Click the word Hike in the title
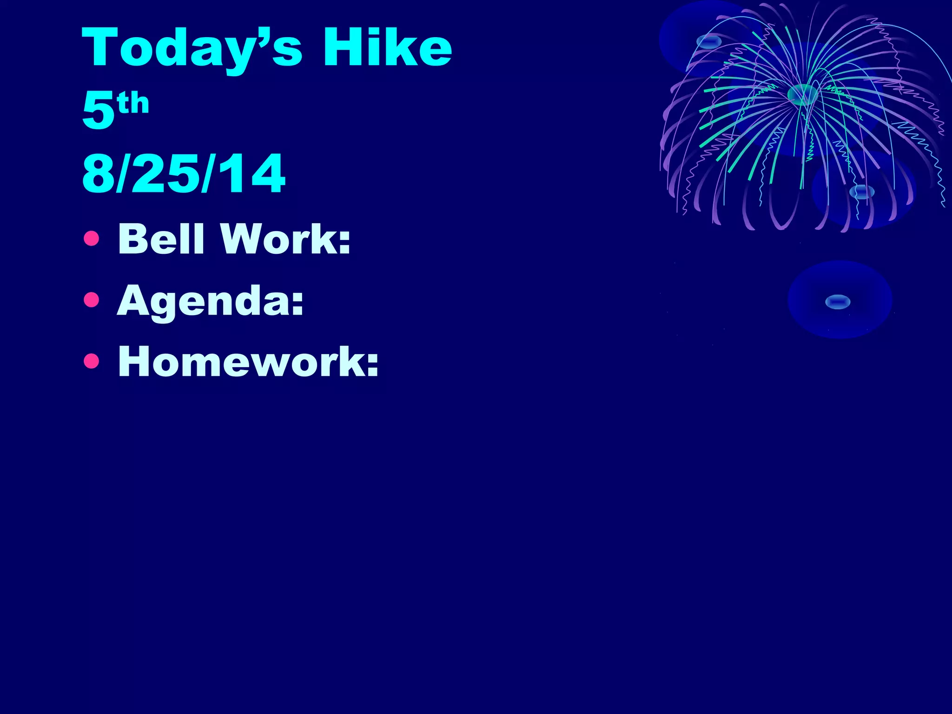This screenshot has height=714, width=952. (x=387, y=47)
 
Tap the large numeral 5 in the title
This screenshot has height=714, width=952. (x=99, y=110)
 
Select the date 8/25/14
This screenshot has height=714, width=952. (x=184, y=173)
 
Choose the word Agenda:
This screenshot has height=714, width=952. (x=211, y=301)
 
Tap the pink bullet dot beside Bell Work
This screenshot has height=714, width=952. (x=92, y=238)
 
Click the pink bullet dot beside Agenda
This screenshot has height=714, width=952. (x=92, y=300)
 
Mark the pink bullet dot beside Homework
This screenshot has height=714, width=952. (x=92, y=361)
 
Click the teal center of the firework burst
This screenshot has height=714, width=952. (x=802, y=94)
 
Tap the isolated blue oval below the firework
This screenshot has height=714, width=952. (x=838, y=302)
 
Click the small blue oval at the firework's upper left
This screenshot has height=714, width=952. (x=709, y=42)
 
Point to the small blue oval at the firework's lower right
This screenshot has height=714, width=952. (x=862, y=192)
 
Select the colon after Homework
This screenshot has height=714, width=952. (x=372, y=364)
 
